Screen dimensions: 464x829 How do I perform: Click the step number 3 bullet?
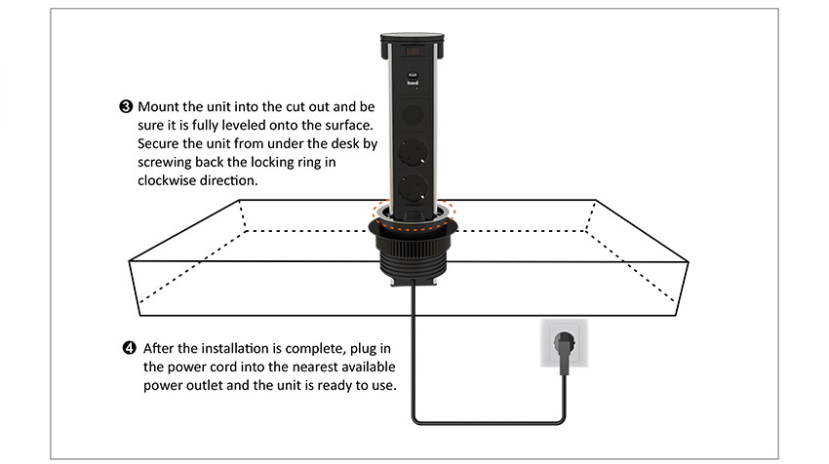coord(128,105)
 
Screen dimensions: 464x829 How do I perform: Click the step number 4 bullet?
coord(129,348)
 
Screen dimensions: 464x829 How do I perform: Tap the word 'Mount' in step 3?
coord(159,105)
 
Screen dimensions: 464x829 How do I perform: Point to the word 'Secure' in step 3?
coord(159,143)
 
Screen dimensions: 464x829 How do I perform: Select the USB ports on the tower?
coord(410,81)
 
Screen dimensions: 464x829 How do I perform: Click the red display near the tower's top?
coord(411,44)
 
